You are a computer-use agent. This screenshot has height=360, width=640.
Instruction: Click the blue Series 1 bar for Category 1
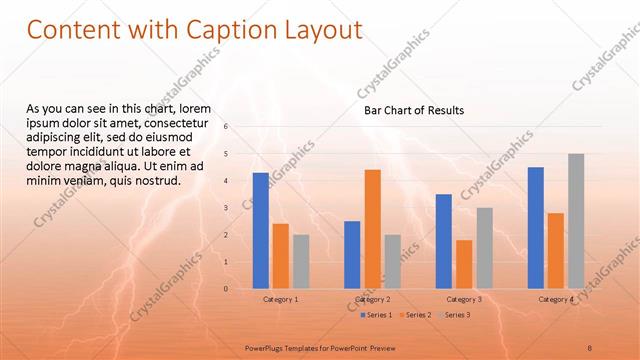(260, 230)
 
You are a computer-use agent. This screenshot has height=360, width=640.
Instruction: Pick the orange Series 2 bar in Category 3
(464, 263)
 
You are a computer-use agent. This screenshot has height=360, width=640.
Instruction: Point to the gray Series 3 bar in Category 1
(301, 261)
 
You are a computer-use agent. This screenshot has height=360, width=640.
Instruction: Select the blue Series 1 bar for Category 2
(352, 254)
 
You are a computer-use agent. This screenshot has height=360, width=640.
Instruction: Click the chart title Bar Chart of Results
(413, 110)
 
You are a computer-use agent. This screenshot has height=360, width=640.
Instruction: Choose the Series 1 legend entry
(376, 315)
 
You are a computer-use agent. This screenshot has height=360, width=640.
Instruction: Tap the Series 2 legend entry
(417, 315)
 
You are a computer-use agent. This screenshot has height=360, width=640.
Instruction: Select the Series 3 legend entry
(456, 315)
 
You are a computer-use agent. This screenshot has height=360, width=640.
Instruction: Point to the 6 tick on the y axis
(227, 127)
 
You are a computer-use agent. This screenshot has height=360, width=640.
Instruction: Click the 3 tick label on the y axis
(227, 208)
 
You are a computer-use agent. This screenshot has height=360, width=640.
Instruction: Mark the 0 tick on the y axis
(227, 289)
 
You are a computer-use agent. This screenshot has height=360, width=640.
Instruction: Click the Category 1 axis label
(280, 299)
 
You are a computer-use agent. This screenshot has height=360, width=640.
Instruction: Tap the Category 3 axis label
(464, 299)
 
